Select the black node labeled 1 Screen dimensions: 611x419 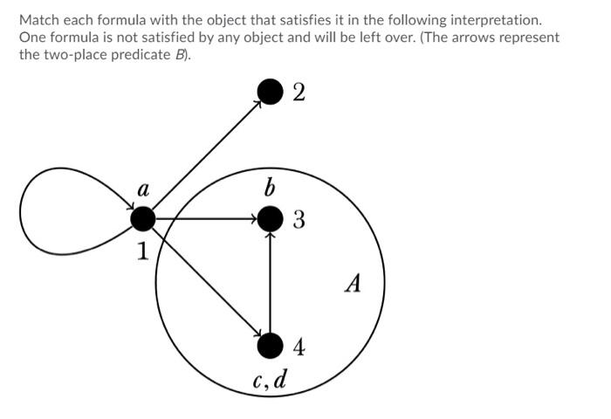(142, 218)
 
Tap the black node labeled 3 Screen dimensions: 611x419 (271, 218)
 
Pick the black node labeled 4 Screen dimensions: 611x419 (271, 346)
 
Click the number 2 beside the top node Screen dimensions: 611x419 (299, 93)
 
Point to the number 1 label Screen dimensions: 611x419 (141, 254)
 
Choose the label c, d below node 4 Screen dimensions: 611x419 (270, 381)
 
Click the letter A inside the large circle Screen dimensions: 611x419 (353, 284)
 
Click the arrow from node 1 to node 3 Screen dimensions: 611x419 (205, 218)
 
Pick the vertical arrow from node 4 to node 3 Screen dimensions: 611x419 (271, 284)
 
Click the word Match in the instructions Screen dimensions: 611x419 (38, 18)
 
